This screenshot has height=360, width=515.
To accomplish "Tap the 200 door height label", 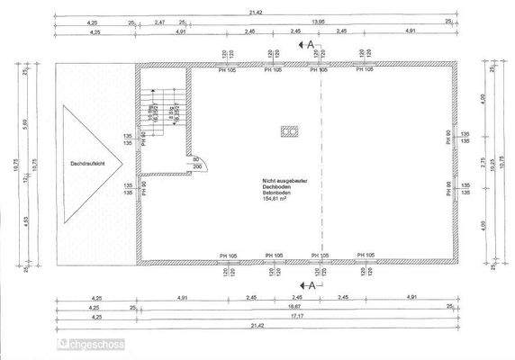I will (196, 167).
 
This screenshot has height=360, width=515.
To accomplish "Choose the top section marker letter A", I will (311, 42).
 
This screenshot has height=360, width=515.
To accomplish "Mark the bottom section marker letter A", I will (312, 284).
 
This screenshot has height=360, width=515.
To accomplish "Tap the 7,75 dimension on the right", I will (483, 166).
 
